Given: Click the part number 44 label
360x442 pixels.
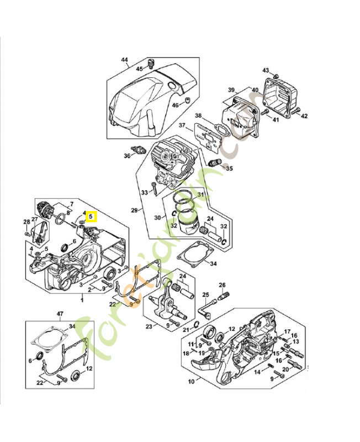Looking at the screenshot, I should pyautogui.click(x=124, y=60).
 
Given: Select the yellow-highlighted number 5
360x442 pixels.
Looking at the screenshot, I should pyautogui.click(x=91, y=217).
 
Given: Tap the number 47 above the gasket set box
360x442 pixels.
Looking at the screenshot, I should pyautogui.click(x=60, y=314).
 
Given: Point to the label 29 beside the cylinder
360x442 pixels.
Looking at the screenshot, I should pyautogui.click(x=134, y=211).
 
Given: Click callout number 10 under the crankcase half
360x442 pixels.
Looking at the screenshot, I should pyautogui.click(x=191, y=381).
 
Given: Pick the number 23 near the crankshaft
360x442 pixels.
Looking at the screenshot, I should pyautogui.click(x=149, y=327).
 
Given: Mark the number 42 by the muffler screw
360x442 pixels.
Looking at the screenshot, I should pyautogui.click(x=304, y=115).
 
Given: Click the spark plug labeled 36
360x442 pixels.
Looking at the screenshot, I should pyautogui.click(x=138, y=150).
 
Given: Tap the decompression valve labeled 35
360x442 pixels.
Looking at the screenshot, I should pyautogui.click(x=215, y=161).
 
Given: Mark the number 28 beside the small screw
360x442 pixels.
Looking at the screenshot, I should pyautogui.click(x=26, y=223).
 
